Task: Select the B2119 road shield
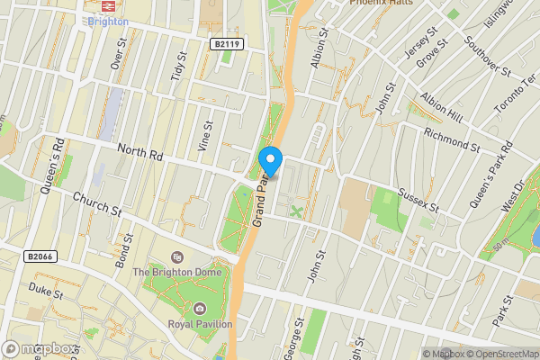(x=228, y=43)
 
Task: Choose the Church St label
(x=97, y=203)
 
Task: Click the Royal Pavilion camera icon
(x=200, y=309)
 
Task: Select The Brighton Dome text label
(x=174, y=271)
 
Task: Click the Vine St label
(x=205, y=135)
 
